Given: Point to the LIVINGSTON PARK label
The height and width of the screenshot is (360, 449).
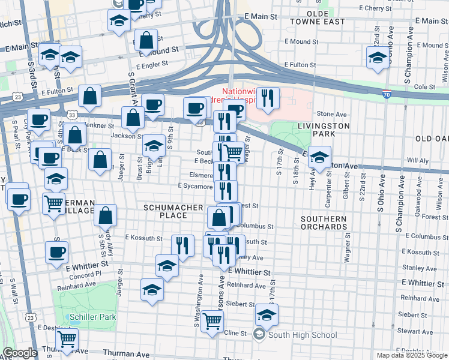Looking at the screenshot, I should click(324, 130).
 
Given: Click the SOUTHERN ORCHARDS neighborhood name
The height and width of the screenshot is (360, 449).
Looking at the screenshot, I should click(324, 223).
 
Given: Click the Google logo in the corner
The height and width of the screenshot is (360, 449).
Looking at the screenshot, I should click(20, 353).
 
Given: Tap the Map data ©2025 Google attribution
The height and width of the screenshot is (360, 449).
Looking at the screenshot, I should click(411, 355).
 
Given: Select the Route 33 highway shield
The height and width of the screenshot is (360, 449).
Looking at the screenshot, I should click(71, 114).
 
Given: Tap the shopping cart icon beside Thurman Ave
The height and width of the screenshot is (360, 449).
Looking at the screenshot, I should click(67, 338).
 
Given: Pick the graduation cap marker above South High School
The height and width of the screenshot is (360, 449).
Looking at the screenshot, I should click(267, 314).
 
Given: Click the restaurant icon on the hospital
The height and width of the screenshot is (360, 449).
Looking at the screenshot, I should click(268, 98).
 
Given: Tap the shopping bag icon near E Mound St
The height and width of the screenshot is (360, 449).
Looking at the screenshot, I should click(146, 41).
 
